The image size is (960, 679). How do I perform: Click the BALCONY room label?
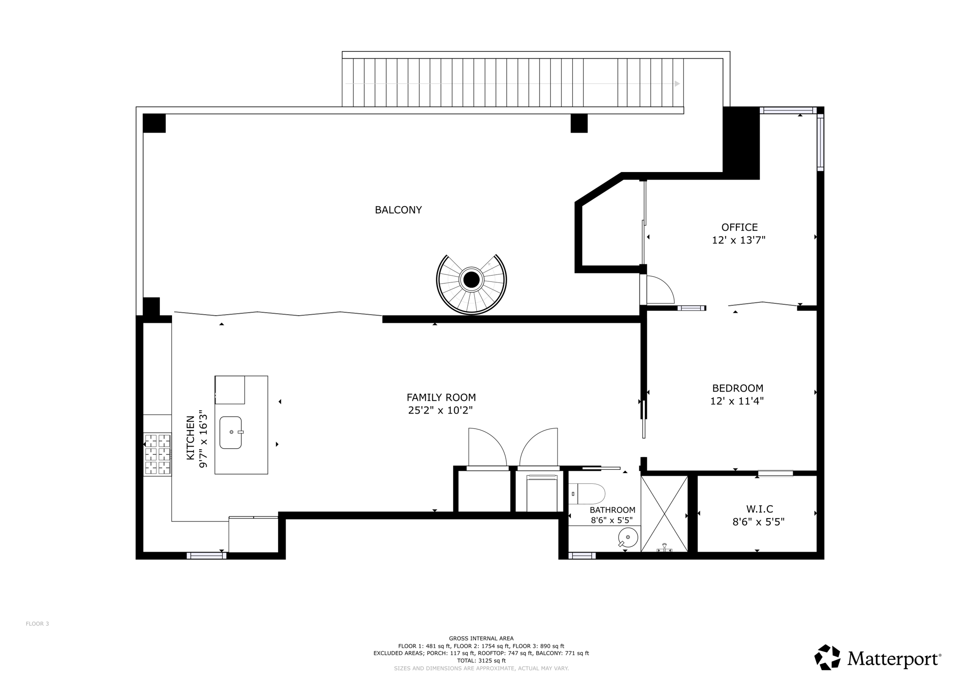tap(398, 210)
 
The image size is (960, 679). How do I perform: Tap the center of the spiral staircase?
tap(471, 280)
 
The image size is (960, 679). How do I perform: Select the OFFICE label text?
tap(739, 227)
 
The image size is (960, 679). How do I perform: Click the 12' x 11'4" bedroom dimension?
tap(737, 401)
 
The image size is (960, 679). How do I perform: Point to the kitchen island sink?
tap(231, 432)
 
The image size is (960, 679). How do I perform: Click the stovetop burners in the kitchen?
tap(157, 454)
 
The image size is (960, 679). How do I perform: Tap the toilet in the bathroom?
tap(588, 494)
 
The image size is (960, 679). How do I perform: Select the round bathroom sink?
tap(628, 537)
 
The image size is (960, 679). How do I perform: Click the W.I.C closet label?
tap(759, 509)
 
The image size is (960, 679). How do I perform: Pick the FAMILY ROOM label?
tap(441, 398)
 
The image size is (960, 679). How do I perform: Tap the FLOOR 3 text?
tap(37, 624)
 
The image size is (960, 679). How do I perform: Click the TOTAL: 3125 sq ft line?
tap(481, 660)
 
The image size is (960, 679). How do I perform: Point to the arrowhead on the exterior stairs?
tap(677, 83)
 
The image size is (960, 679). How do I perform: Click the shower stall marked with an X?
tap(664, 513)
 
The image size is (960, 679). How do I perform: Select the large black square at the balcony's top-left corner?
tap(154, 123)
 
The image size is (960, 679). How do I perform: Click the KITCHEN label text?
tap(190, 438)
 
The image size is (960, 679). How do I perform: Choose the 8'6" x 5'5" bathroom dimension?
tap(612, 520)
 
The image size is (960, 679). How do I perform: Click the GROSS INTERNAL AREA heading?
tap(481, 638)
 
